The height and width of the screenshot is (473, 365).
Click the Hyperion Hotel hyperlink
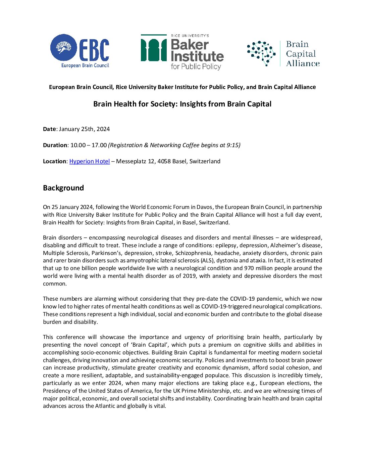[90, 161]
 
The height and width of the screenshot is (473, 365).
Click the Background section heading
[63, 188]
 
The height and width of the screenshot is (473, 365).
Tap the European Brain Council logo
[80, 51]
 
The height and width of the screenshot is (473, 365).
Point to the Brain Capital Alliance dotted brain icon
[261, 53]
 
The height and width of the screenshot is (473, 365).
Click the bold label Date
[49, 129]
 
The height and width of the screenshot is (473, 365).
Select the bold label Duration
[55, 145]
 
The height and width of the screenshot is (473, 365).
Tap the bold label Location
[55, 161]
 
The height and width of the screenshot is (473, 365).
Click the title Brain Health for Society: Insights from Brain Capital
[182, 104]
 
